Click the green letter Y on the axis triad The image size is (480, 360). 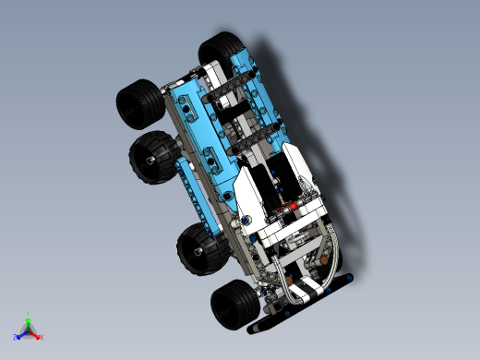point(30,313)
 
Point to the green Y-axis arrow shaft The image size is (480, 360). point(30,323)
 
